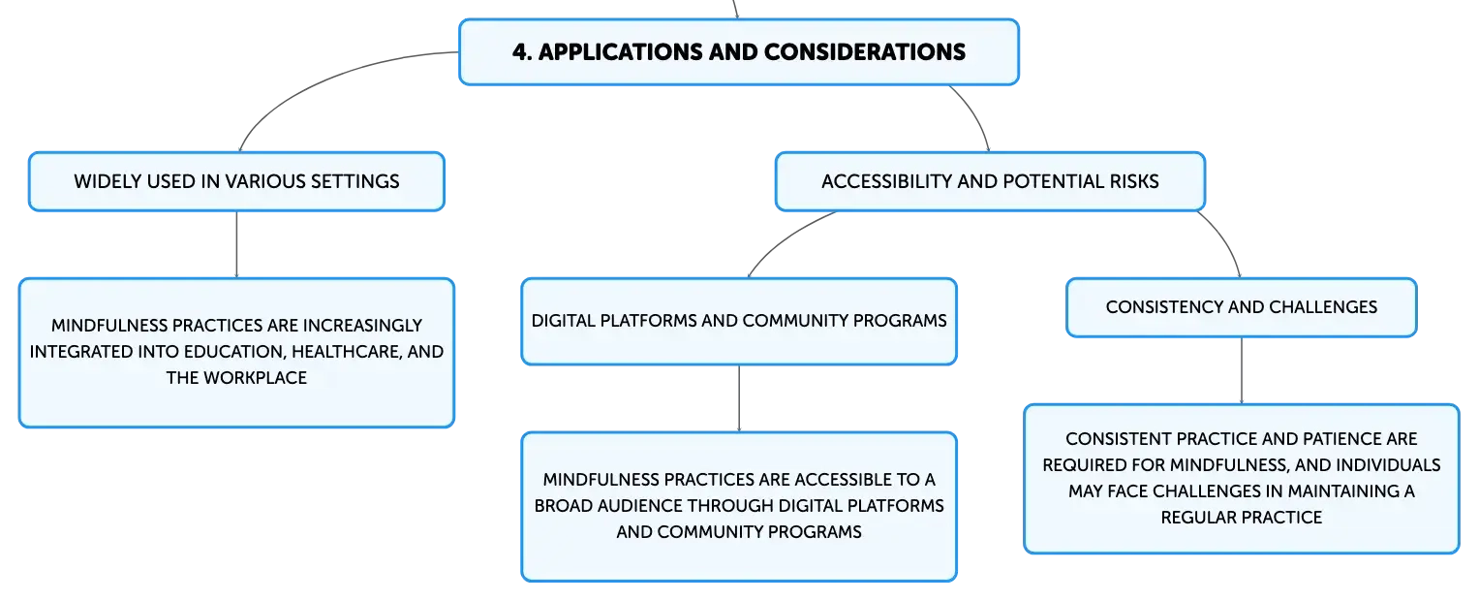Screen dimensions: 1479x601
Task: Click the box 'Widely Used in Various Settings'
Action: [x=236, y=182]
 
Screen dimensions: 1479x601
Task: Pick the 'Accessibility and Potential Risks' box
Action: [x=990, y=182]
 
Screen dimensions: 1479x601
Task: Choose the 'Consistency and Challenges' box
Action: [x=1242, y=307]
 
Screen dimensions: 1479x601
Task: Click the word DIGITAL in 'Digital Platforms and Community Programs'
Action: [x=563, y=321]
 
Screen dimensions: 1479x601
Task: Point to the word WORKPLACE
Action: [x=255, y=377]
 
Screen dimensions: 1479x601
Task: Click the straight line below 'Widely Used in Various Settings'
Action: [x=236, y=244]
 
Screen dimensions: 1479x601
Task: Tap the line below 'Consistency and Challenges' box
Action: [x=1242, y=371]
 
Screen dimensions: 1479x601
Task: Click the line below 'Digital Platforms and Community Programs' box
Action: [x=739, y=398]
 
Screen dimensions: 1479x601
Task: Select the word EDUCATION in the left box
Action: [x=234, y=352]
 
